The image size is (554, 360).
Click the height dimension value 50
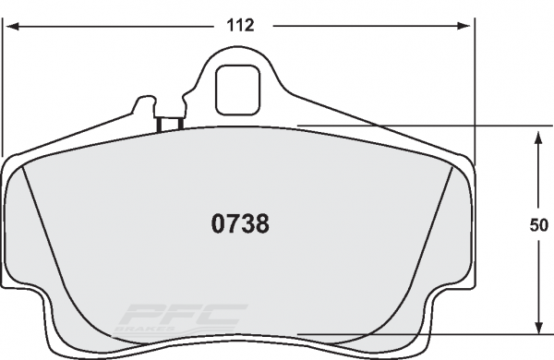click(x=540, y=224)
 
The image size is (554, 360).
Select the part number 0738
click(x=240, y=224)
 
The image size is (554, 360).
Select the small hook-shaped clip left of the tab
click(x=145, y=105)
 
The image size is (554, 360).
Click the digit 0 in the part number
click(x=219, y=224)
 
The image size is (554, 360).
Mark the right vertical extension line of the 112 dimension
click(x=474, y=92)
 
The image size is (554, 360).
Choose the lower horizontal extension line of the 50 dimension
click(x=415, y=333)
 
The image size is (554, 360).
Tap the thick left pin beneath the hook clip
click(x=160, y=124)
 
